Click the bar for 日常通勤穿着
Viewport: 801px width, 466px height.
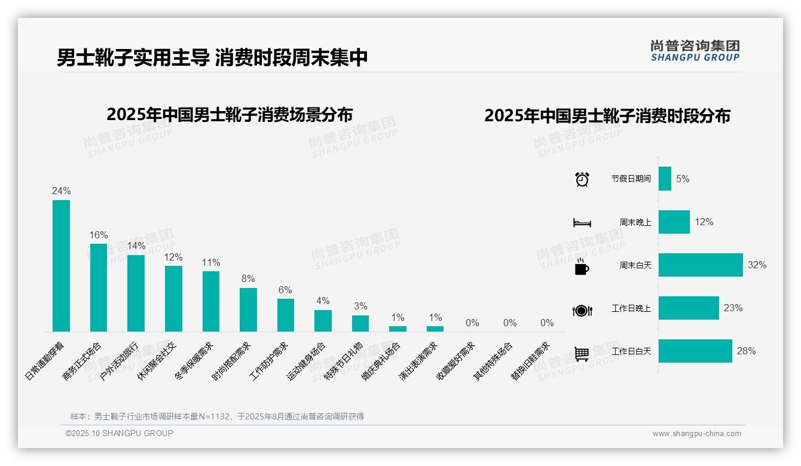pyautogui.click(x=61, y=266)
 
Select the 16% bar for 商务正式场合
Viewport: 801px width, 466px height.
pyautogui.click(x=99, y=287)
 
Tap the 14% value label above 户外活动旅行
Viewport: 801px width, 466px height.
pyautogui.click(x=136, y=246)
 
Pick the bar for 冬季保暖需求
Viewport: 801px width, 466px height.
pyautogui.click(x=211, y=301)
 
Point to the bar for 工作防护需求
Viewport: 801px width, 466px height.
pyautogui.click(x=286, y=315)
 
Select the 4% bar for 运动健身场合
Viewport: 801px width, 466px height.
pyautogui.click(x=323, y=321)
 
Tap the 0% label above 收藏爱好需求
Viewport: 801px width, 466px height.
pyautogui.click(x=472, y=323)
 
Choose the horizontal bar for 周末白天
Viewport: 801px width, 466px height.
pyautogui.click(x=701, y=265)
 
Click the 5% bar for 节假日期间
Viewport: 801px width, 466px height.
pyautogui.click(x=665, y=179)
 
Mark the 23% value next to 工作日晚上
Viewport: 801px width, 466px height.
pyautogui.click(x=733, y=308)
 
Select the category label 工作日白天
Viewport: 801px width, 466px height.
pyautogui.click(x=631, y=351)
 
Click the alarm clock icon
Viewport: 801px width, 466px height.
pyautogui.click(x=582, y=179)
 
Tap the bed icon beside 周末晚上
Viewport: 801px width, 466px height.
pyautogui.click(x=582, y=222)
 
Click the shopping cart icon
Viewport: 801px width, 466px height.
pyautogui.click(x=582, y=353)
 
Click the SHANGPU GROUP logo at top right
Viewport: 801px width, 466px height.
pyautogui.click(x=695, y=51)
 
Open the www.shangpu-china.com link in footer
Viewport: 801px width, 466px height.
pyautogui.click(x=696, y=434)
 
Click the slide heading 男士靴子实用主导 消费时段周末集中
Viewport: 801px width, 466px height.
pyautogui.click(x=212, y=58)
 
